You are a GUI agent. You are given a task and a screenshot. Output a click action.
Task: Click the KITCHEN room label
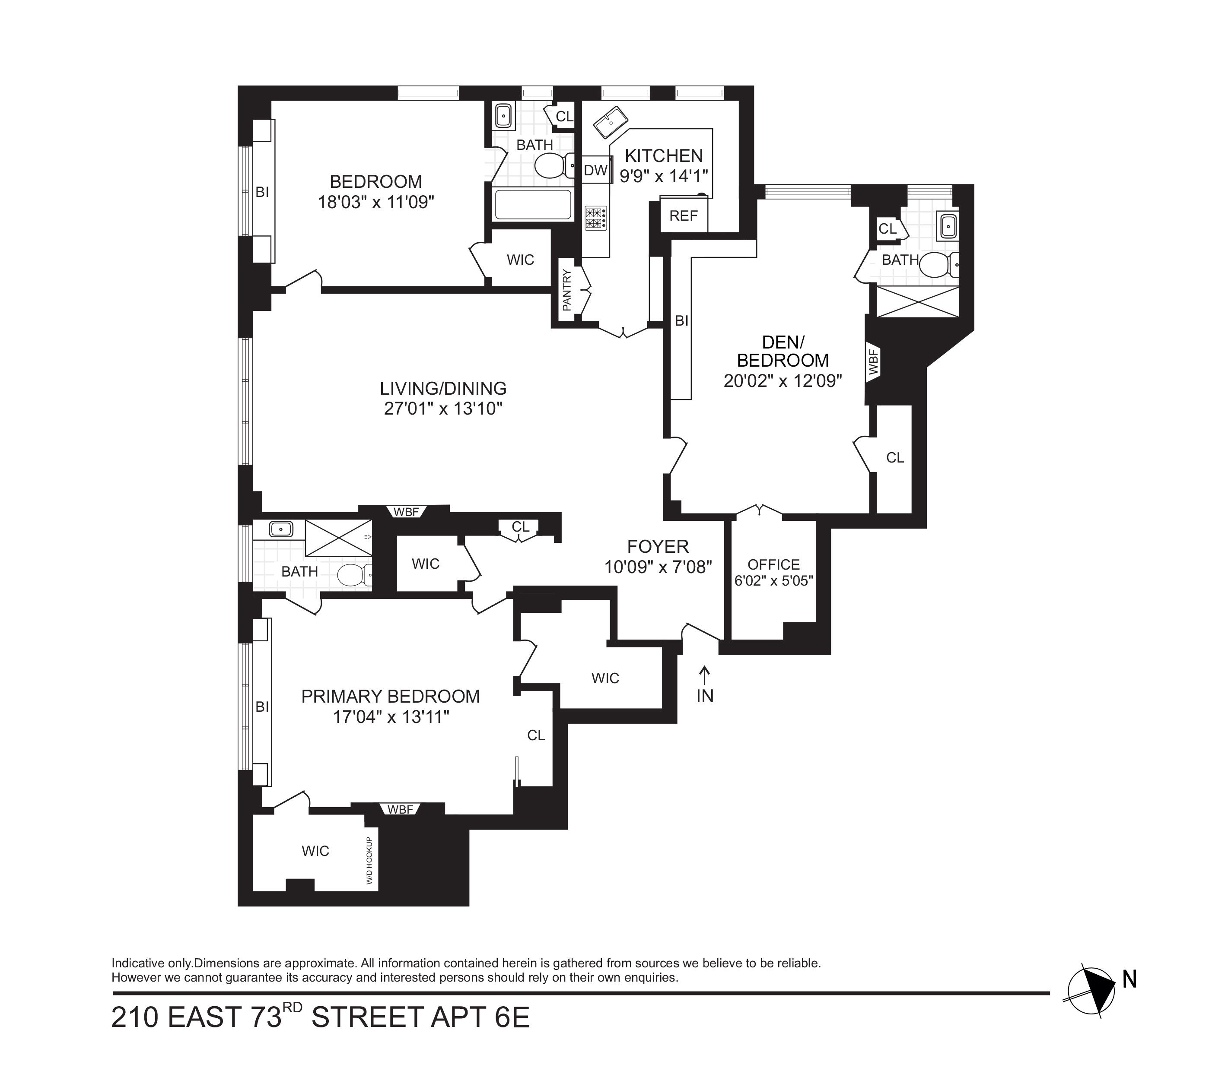pyautogui.click(x=664, y=156)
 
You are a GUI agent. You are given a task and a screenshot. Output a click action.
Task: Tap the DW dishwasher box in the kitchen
pyautogui.click(x=595, y=170)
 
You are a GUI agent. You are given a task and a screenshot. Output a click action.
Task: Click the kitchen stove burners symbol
pyautogui.click(x=595, y=218)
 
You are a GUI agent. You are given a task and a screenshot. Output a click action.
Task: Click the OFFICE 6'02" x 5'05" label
pyautogui.click(x=773, y=573)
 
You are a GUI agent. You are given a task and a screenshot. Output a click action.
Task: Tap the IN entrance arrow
pyautogui.click(x=705, y=684)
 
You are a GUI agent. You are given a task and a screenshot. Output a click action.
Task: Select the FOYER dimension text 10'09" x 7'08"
pyautogui.click(x=658, y=567)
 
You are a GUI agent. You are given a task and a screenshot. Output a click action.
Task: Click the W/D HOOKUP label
pyautogui.click(x=369, y=861)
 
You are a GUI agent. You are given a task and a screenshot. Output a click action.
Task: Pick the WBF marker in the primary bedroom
pyautogui.click(x=401, y=810)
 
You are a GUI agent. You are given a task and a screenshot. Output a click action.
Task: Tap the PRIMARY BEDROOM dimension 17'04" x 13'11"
pyautogui.click(x=391, y=716)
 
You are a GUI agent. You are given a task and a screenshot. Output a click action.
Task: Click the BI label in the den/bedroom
pyautogui.click(x=681, y=321)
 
